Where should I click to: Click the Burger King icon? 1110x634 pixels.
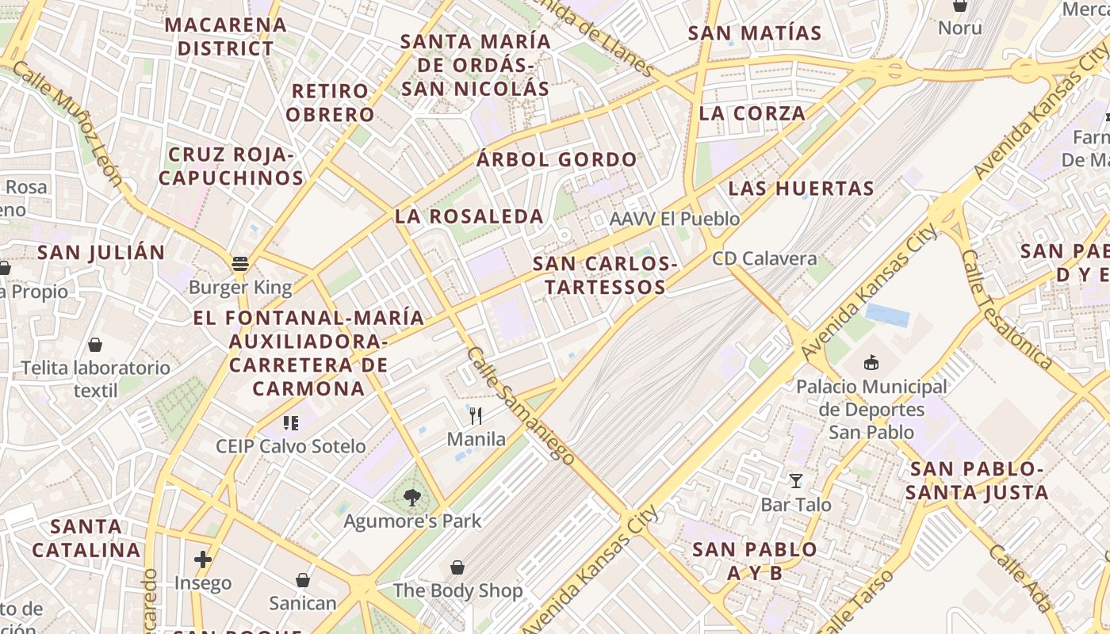[x=239, y=264]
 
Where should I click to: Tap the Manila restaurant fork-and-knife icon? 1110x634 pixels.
[x=476, y=415]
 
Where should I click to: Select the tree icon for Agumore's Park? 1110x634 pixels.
[x=411, y=498]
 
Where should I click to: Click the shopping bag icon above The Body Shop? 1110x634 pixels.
[x=457, y=567]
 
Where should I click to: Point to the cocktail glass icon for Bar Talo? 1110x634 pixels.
[x=795, y=481]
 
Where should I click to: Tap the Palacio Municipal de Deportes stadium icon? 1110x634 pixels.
[x=871, y=363]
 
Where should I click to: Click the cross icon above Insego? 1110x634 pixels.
[x=203, y=560]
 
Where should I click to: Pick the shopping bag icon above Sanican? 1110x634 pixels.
[x=302, y=580]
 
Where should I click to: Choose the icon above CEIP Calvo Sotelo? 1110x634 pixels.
[x=290, y=423]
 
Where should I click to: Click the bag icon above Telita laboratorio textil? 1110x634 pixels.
[x=95, y=345]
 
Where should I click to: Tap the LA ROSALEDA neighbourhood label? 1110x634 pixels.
[x=469, y=216]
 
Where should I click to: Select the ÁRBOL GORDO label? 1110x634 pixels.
[x=557, y=160]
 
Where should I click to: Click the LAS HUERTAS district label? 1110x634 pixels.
[x=801, y=189]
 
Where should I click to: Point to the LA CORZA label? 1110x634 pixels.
[x=752, y=113]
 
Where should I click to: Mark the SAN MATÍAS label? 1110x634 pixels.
[x=755, y=33]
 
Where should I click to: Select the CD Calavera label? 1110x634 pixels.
[x=764, y=258]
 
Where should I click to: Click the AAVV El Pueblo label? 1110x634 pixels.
[x=675, y=219]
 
